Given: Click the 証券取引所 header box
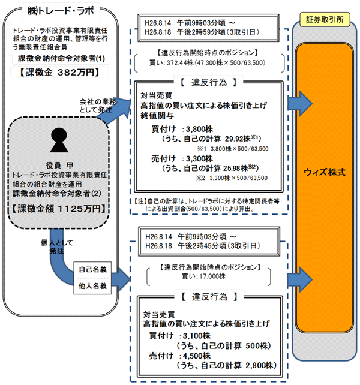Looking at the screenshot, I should tap(324, 21).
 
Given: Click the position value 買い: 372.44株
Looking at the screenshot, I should tap(173, 62).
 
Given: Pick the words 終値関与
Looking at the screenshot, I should tap(158, 115).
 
